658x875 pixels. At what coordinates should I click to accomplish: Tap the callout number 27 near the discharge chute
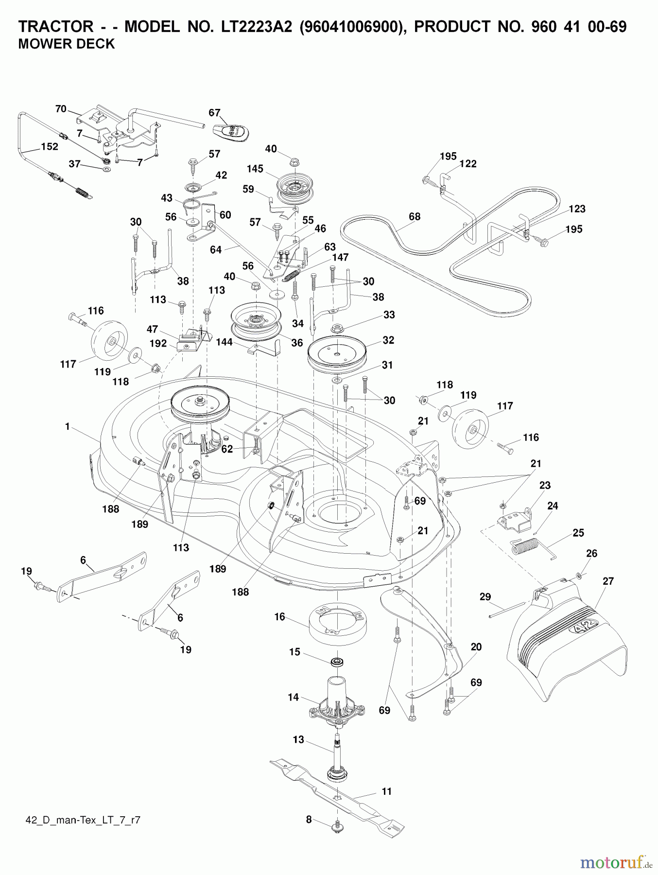[x=608, y=581]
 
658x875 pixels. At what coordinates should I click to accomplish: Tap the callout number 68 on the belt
[x=414, y=217]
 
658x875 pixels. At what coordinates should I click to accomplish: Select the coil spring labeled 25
[x=526, y=548]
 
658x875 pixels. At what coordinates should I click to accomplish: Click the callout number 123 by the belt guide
[x=577, y=209]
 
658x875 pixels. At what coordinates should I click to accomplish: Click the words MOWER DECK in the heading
[x=66, y=44]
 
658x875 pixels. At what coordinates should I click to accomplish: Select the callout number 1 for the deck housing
[x=68, y=427]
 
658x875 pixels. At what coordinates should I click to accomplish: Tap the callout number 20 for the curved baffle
[x=476, y=647]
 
